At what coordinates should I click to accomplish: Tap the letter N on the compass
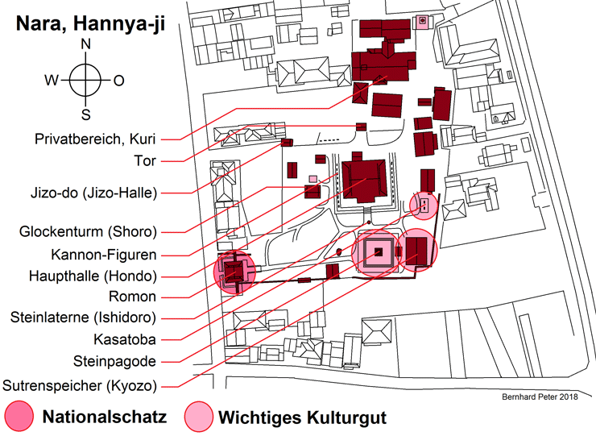click(x=86, y=45)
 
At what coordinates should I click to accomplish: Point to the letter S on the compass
click(x=86, y=114)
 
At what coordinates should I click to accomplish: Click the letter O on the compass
click(x=118, y=80)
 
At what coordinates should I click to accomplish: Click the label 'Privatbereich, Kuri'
click(x=95, y=137)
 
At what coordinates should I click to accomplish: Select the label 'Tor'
click(x=145, y=161)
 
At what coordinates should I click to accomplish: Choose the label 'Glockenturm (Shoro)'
click(x=88, y=232)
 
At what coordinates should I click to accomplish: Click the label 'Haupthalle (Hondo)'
click(x=93, y=275)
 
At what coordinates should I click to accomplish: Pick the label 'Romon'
click(x=135, y=296)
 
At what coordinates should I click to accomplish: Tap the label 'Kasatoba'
click(x=124, y=339)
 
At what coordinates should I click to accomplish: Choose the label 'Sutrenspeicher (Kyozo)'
click(x=79, y=384)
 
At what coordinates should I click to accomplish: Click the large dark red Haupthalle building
click(x=366, y=181)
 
